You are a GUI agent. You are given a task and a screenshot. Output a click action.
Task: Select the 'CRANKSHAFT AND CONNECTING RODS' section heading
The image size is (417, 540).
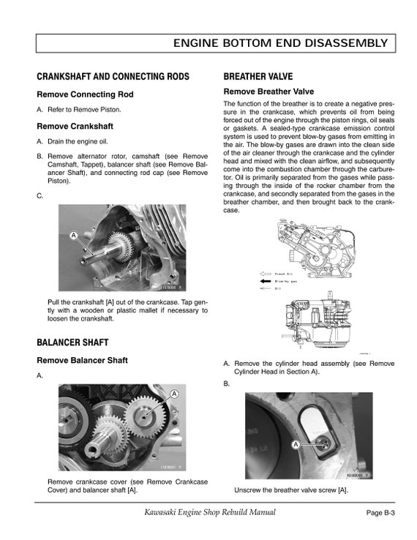pyautogui.click(x=113, y=77)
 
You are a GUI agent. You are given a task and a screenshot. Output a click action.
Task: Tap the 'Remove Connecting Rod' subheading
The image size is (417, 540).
pyautogui.click(x=85, y=94)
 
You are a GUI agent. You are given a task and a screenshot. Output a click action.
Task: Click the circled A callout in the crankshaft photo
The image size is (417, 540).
pyautogui.click(x=74, y=236)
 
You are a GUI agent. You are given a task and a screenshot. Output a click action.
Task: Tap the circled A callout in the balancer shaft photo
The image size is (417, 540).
pyautogui.click(x=174, y=394)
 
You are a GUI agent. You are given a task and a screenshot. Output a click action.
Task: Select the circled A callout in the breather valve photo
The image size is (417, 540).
pyautogui.click(x=296, y=444)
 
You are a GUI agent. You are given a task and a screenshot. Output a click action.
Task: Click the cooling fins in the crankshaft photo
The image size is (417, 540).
pyautogui.click(x=154, y=223)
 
